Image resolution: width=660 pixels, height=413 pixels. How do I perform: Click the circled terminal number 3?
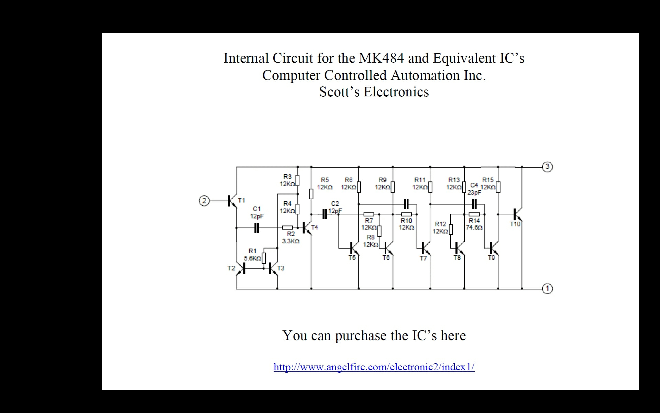[x=547, y=167]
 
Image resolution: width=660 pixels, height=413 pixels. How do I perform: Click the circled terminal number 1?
[x=547, y=288]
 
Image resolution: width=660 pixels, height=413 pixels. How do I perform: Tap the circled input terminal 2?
[x=204, y=201]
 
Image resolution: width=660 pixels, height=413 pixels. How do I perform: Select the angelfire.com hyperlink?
[x=374, y=367]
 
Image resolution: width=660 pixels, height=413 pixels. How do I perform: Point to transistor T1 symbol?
[x=232, y=201]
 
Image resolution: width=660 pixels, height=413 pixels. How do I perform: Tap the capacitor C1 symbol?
[x=256, y=228]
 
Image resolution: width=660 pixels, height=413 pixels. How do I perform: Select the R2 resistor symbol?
[x=287, y=227]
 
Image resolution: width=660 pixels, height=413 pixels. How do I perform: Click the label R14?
[x=474, y=221]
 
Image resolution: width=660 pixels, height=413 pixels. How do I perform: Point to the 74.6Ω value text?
[x=474, y=227]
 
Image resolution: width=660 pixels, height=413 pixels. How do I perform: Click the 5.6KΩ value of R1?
[x=253, y=258]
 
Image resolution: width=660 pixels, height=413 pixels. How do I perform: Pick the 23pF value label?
[x=474, y=193]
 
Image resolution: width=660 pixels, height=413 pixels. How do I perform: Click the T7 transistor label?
[x=423, y=258]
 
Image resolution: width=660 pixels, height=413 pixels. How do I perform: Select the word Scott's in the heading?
[x=339, y=92]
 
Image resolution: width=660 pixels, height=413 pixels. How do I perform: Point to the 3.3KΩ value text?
[x=291, y=241]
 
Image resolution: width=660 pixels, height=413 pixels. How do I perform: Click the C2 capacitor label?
[x=335, y=204]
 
